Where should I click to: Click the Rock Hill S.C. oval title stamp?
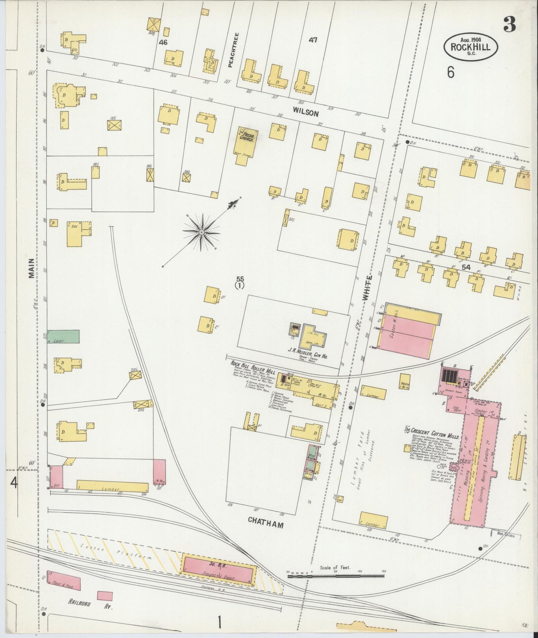click(471, 47)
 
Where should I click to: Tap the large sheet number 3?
click(510, 25)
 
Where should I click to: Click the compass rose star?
click(201, 232)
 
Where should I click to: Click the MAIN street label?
click(32, 268)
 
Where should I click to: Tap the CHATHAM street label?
click(265, 525)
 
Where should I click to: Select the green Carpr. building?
click(63, 336)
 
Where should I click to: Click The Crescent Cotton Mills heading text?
click(432, 430)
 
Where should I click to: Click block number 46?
click(163, 42)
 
